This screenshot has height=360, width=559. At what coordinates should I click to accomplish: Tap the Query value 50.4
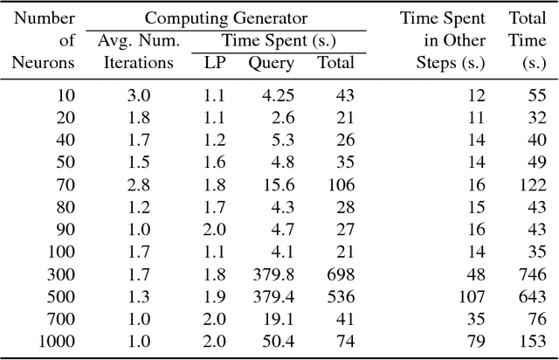278,340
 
